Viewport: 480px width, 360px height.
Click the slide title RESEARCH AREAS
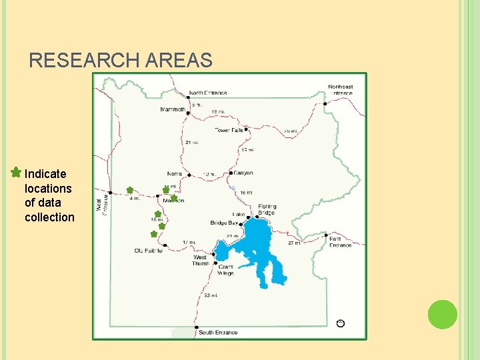coord(121,61)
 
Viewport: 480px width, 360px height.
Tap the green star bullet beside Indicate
coord(15,173)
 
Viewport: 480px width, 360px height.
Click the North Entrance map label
coord(207,93)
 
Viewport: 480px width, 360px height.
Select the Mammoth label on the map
coord(173,109)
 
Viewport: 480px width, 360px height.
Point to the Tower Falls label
coord(229,130)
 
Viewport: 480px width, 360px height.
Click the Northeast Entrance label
coord(340,89)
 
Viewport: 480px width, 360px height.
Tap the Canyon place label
coord(243,173)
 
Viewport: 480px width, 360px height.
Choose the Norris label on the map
coord(175,174)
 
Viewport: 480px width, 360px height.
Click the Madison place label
coord(173,200)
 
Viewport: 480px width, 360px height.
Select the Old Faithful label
coord(148,251)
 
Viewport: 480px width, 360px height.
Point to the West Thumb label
coord(201,260)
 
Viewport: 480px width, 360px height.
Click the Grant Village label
coord(226,269)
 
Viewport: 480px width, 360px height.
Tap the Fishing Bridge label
coord(267,209)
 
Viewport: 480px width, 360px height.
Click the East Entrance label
coord(340,241)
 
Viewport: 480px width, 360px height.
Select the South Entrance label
coord(217,332)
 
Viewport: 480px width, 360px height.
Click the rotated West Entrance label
coord(102,201)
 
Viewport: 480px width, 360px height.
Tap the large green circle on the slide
coord(442,315)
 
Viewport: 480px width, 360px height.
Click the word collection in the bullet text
coord(49,217)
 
